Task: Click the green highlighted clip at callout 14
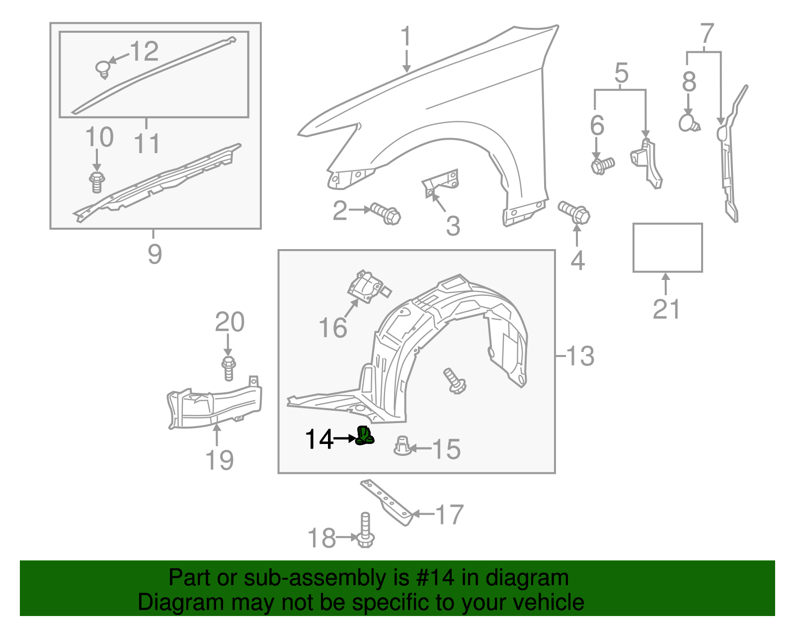click(x=365, y=436)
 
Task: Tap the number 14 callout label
click(x=319, y=440)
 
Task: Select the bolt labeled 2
click(x=386, y=213)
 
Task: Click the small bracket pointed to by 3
click(x=441, y=182)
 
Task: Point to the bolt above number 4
click(x=575, y=212)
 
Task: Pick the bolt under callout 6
click(x=603, y=165)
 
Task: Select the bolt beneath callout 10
click(x=97, y=182)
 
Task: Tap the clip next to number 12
click(x=103, y=69)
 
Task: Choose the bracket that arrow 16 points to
click(x=368, y=287)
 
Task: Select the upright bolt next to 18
click(x=365, y=531)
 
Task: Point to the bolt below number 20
click(x=228, y=368)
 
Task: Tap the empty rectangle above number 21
click(x=667, y=248)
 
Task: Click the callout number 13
click(x=580, y=356)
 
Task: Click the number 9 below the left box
click(x=155, y=254)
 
